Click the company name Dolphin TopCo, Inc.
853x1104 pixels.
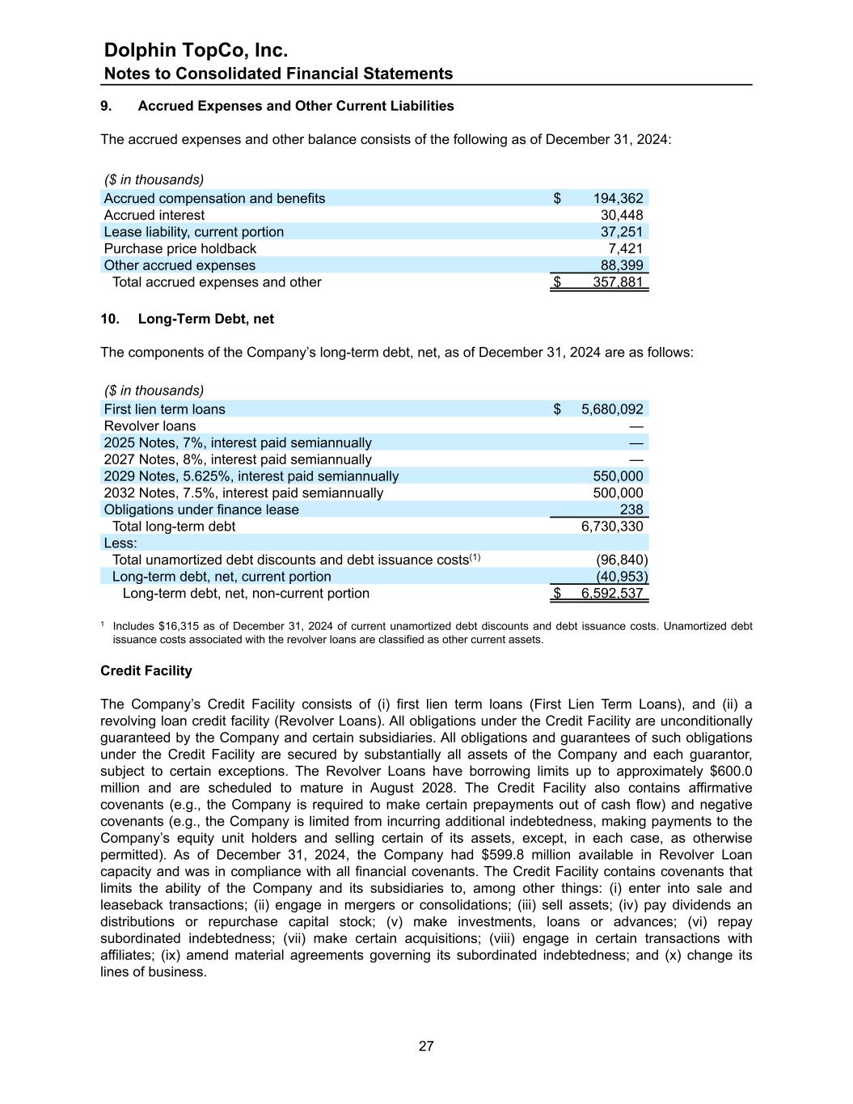196,50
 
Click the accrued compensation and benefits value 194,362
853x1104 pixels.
618,198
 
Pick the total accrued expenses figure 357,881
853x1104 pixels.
618,282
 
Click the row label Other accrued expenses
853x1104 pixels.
179,265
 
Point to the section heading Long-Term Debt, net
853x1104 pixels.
205,319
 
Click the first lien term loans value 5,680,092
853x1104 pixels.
612,409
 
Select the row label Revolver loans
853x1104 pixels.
150,426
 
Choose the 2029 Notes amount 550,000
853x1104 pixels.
618,476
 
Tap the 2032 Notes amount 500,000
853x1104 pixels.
618,493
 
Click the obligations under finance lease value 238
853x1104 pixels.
631,510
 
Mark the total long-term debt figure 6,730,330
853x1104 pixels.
612,527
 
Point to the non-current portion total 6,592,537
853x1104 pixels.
612,594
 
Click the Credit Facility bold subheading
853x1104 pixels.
146,670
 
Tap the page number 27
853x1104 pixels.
426,1046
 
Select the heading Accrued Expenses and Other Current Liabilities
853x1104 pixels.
296,106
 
